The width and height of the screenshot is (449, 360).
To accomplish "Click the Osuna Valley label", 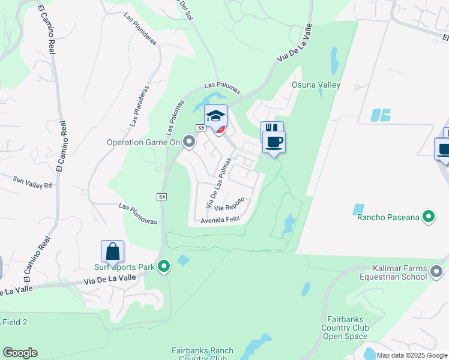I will pos(316,85).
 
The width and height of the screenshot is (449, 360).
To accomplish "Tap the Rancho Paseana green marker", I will pos(429,216).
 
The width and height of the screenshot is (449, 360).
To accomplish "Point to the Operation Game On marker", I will pos(189,142).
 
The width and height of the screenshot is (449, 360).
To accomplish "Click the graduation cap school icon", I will pos(216,115).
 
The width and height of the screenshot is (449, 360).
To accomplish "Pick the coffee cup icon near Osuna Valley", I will pos(274,142).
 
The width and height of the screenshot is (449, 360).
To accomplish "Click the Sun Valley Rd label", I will pos(33,182).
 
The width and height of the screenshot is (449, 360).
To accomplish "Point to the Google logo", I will pos(20,353).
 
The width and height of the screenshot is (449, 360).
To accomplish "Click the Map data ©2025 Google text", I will pos(412,355).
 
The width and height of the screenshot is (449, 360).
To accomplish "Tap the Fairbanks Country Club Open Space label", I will pos(344,328).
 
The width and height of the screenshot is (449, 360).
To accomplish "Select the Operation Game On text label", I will pos(143,142).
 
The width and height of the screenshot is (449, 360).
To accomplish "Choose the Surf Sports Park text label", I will pos(124,268).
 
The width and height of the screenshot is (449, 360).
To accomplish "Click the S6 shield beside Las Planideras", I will pos(162,197).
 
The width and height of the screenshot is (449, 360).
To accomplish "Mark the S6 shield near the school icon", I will pos(200,128).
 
